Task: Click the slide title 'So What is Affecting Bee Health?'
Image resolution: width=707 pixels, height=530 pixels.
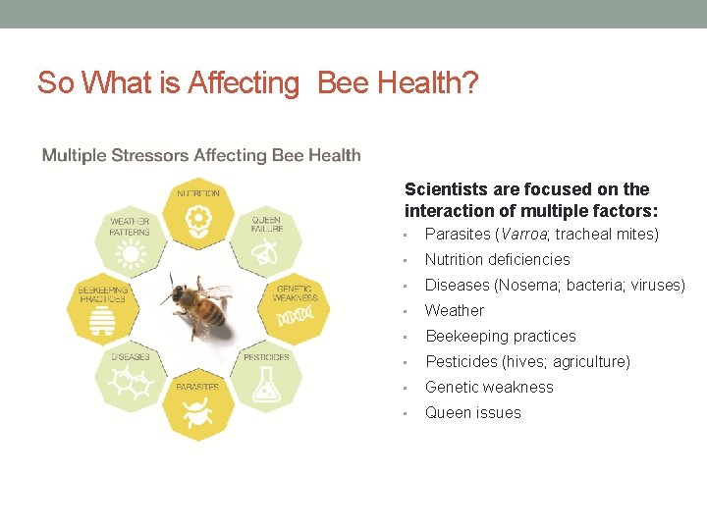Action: (257, 83)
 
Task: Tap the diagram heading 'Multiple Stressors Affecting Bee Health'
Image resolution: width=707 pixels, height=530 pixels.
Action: (201, 155)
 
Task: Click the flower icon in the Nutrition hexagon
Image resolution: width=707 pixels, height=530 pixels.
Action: (199, 218)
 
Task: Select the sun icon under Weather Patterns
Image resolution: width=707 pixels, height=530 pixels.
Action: (130, 254)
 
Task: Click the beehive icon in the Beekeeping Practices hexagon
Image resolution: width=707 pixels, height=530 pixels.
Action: (103, 320)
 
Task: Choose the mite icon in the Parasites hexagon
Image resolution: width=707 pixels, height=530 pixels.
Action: (197, 414)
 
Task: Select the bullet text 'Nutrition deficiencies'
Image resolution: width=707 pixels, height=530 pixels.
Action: (497, 260)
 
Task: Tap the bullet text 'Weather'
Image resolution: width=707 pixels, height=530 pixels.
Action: (454, 311)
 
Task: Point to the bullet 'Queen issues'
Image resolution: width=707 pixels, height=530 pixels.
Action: (472, 413)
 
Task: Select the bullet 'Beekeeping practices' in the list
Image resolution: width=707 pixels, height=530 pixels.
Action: (500, 337)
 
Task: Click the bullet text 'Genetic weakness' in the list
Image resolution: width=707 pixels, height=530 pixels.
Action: (489, 388)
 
